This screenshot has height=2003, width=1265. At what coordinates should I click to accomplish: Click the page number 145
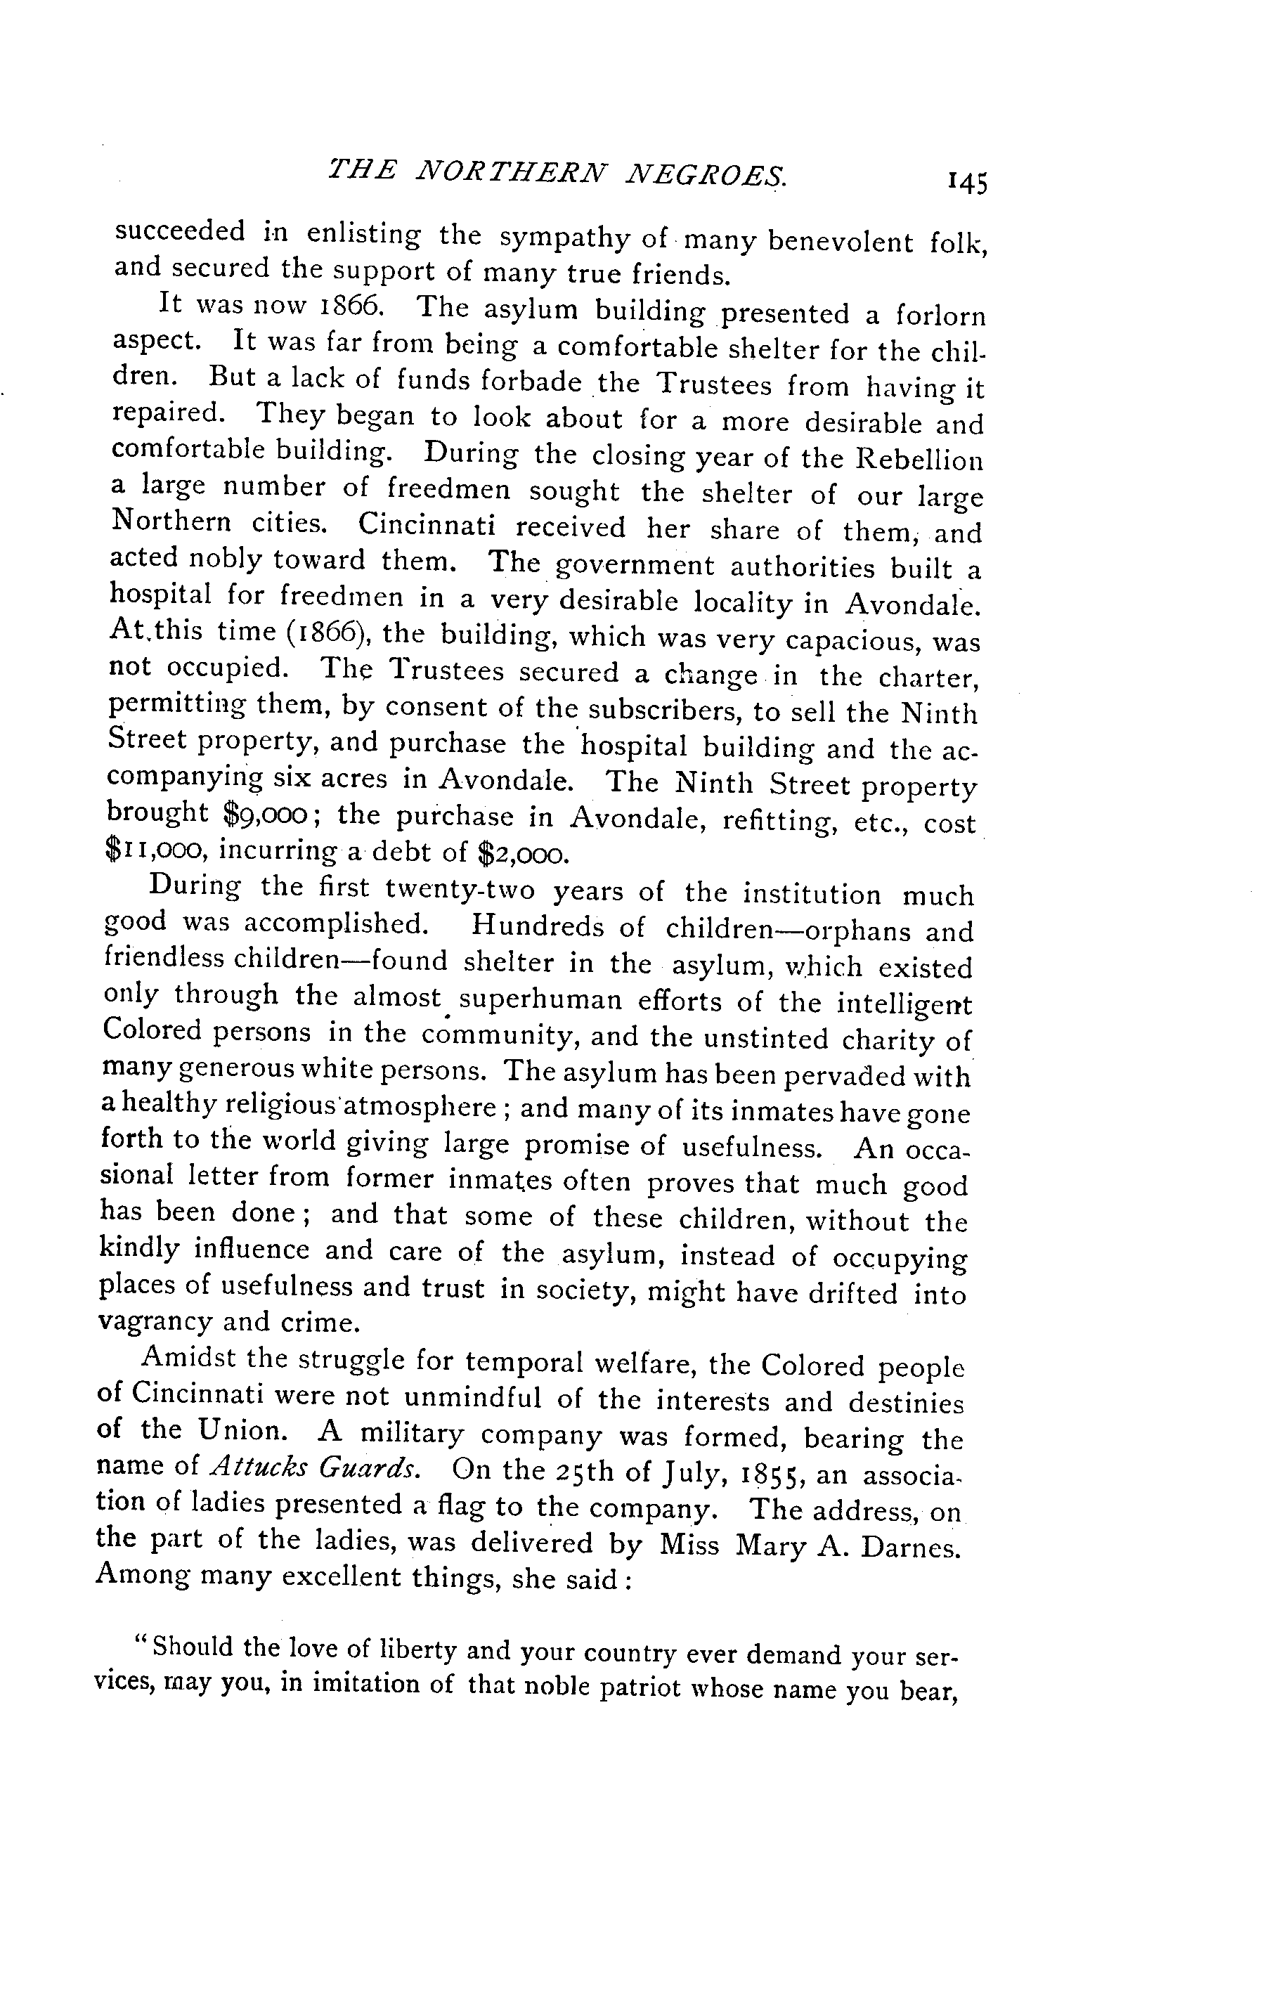[966, 182]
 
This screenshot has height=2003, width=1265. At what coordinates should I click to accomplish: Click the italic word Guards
[367, 1468]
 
